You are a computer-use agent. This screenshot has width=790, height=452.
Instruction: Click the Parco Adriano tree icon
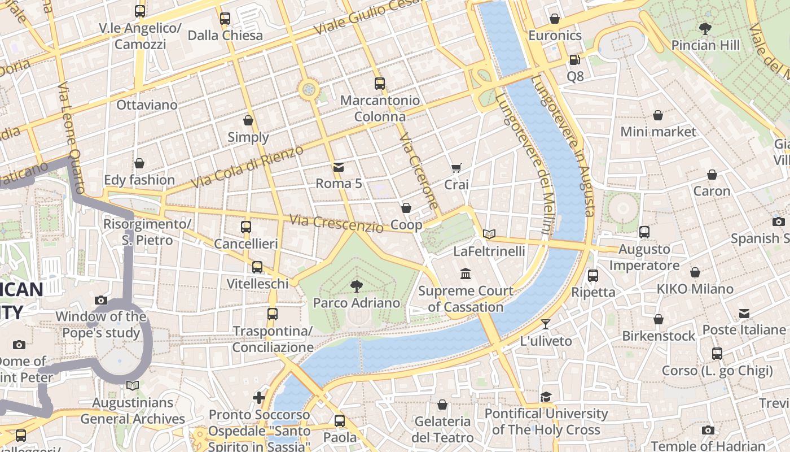tap(356, 286)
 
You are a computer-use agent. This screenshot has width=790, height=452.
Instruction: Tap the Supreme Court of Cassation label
tap(466, 299)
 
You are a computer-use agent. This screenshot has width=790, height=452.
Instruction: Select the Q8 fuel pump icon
tap(574, 59)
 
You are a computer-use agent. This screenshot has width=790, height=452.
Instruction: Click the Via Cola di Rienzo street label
tap(247, 167)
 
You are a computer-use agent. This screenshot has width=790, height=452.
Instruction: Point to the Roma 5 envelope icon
tap(339, 167)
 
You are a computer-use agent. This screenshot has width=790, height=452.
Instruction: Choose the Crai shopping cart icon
tap(456, 168)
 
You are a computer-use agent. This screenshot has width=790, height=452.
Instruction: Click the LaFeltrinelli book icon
tap(489, 234)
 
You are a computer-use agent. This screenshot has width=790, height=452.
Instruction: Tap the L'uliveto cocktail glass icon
tap(545, 324)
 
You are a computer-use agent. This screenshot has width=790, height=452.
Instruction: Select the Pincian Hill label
tap(705, 45)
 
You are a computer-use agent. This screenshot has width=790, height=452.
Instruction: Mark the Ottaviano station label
tap(147, 105)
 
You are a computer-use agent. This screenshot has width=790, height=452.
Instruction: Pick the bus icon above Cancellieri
tap(246, 227)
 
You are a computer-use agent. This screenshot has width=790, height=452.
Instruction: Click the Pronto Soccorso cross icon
tap(259, 398)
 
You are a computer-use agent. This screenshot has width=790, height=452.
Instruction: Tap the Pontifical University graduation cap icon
tap(546, 397)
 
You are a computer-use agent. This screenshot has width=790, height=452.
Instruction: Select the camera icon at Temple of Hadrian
tap(708, 431)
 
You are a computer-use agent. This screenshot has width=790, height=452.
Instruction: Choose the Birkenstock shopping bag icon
tap(658, 320)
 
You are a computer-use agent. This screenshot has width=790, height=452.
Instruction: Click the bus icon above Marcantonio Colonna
tap(380, 84)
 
